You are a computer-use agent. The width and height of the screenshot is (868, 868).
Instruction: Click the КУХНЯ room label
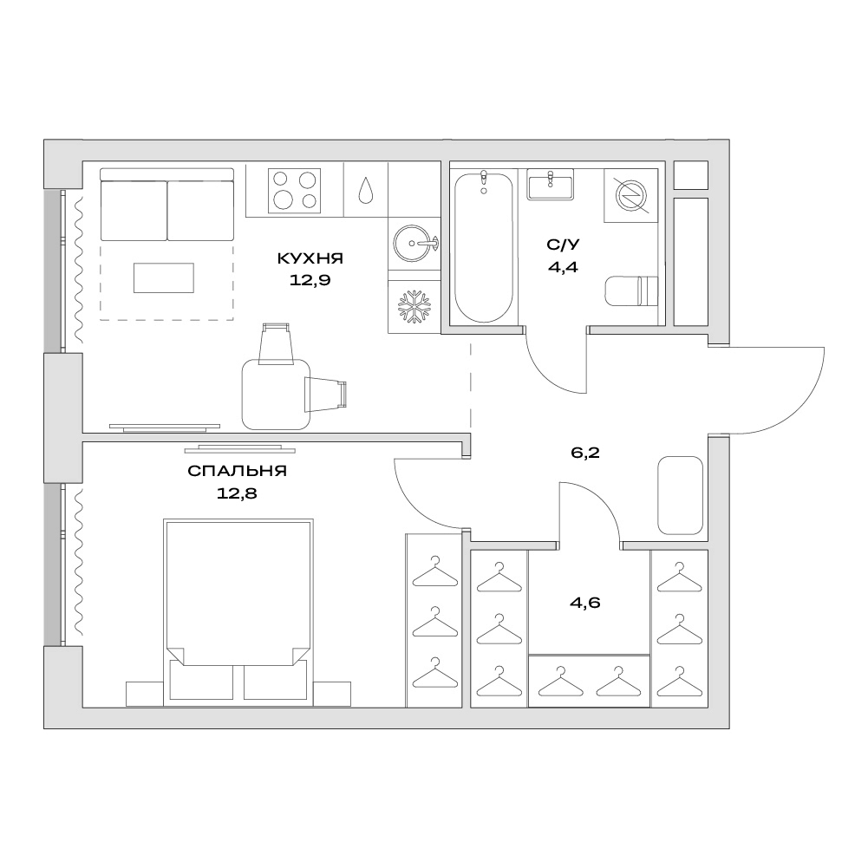[310, 258]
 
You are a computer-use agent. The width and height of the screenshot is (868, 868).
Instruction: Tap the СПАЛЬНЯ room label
[237, 471]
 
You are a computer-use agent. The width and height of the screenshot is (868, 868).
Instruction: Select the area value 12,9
[310, 280]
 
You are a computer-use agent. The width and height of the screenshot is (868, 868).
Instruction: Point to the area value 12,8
[237, 493]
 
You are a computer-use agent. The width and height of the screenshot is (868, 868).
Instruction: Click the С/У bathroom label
[563, 245]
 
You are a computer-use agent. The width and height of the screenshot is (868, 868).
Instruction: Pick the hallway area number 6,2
[585, 454]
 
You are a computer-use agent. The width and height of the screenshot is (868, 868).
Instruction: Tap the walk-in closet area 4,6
[585, 603]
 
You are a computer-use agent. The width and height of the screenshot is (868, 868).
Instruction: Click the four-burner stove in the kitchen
[295, 191]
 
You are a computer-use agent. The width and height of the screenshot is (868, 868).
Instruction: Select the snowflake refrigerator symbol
[414, 306]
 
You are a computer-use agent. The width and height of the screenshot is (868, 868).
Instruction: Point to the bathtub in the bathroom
[484, 247]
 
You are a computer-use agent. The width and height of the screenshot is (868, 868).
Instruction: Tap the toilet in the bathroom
[631, 290]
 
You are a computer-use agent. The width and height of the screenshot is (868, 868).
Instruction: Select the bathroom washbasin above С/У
[551, 184]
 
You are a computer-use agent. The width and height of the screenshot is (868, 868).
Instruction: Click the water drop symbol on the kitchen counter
[365, 190]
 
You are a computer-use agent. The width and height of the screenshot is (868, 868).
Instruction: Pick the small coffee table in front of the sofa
[164, 277]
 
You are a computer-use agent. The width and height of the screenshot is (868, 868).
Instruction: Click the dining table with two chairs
[277, 395]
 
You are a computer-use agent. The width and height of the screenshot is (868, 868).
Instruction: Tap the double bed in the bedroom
[238, 612]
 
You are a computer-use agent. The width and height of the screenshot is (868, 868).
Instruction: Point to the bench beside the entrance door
[681, 495]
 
